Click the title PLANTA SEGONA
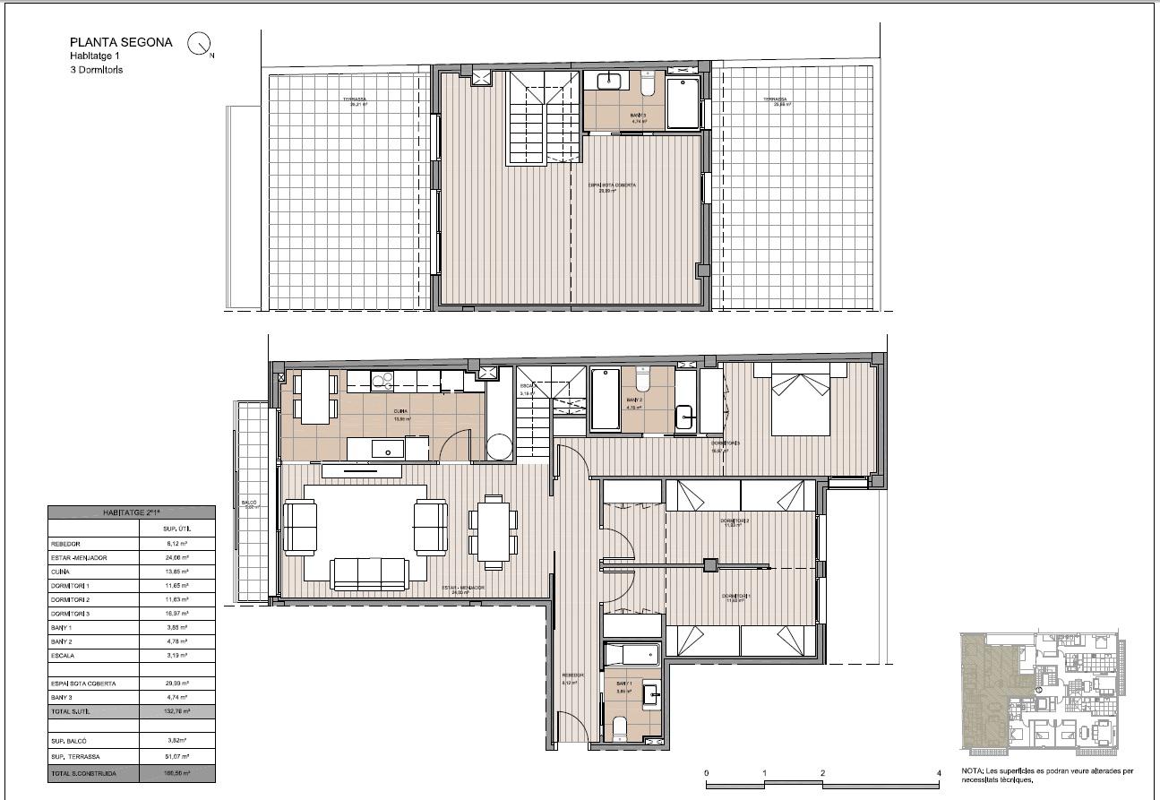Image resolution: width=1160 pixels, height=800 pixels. [x=121, y=42]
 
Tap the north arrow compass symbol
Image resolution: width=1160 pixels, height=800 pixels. [x=199, y=43]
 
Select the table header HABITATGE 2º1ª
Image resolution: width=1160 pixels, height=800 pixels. [x=132, y=512]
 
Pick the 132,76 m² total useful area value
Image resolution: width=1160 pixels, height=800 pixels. [x=177, y=710]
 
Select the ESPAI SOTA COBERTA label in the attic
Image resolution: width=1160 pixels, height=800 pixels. [x=612, y=185]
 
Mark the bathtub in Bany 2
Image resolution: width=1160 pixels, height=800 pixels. [x=605, y=398]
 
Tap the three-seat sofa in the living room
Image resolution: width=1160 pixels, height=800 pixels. [x=367, y=571]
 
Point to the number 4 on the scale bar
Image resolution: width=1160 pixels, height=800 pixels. [x=938, y=772]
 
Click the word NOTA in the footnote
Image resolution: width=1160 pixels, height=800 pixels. [x=971, y=770]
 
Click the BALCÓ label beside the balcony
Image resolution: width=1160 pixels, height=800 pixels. [x=249, y=503]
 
